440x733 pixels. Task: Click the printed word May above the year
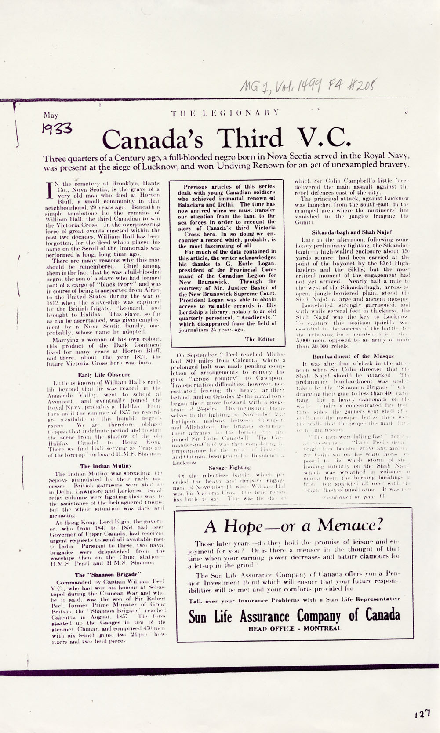coord(51,116)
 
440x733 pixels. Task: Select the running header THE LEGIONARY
coord(225,112)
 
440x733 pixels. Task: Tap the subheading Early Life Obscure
coord(104,374)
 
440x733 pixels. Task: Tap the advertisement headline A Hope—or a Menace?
coord(294,525)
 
